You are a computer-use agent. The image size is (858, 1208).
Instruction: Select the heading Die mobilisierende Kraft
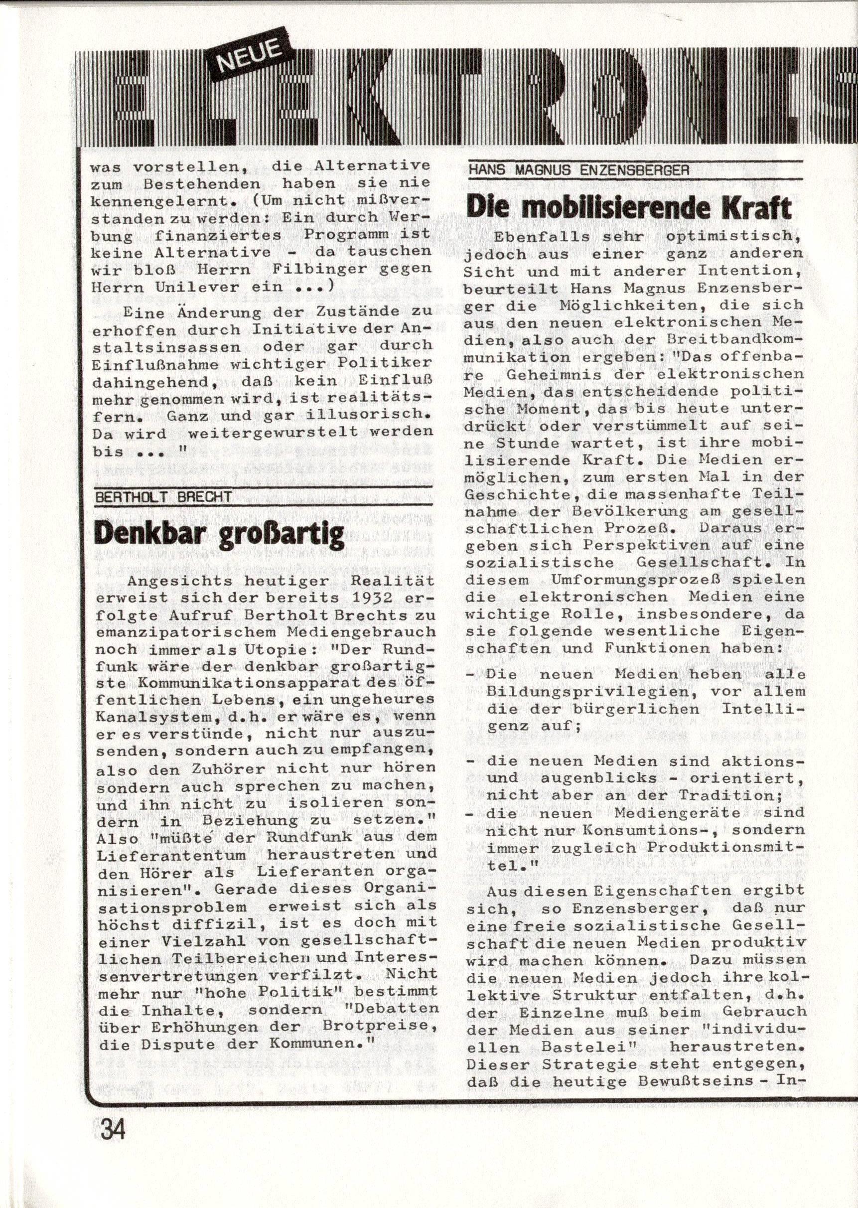click(x=629, y=208)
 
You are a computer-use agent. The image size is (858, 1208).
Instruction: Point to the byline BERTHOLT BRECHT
click(x=163, y=497)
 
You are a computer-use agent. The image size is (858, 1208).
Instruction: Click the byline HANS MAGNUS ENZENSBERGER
click(x=578, y=169)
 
